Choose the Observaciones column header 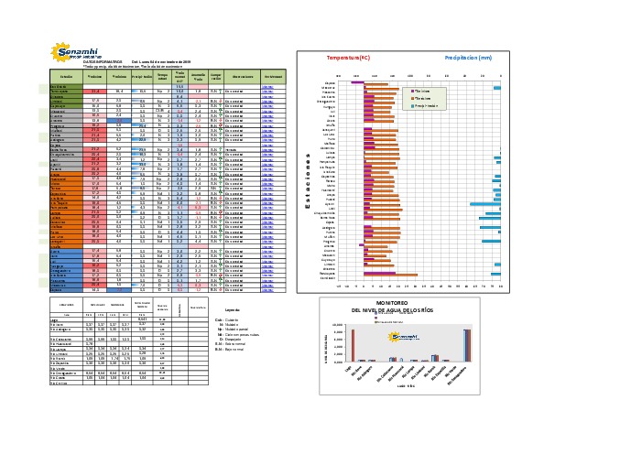pyautogui.click(x=242, y=76)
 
